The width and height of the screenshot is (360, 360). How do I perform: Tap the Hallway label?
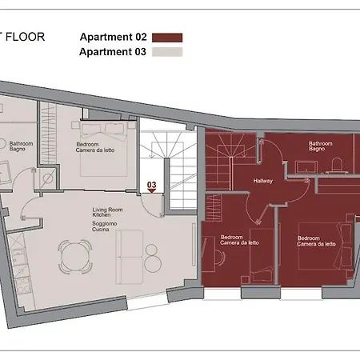click(263, 181)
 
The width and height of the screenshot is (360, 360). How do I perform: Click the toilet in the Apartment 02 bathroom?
click(337, 164)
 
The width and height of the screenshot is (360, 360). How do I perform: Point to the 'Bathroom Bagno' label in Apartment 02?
click(321, 146)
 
